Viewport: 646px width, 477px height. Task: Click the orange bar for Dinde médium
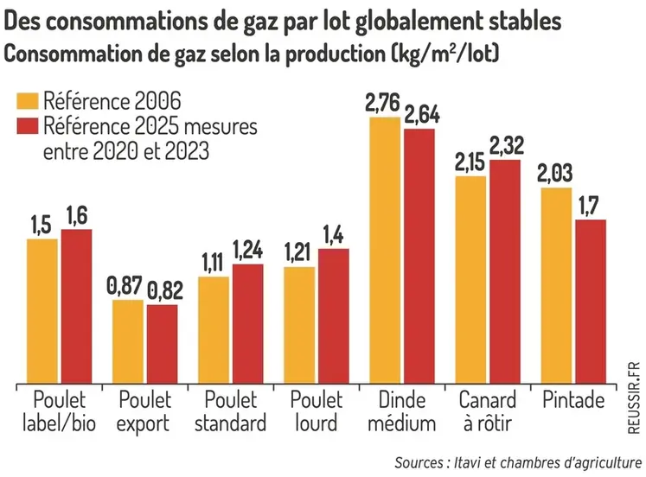coord(385,251)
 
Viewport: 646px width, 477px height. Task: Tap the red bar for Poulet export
coord(162,343)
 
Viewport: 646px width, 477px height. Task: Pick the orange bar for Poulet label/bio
coord(42,310)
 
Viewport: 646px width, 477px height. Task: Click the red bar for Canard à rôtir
coord(505,270)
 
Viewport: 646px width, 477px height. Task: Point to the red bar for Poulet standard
coord(248,322)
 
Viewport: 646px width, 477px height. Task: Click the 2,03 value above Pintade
coord(555,175)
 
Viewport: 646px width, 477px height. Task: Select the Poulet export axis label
coord(145,411)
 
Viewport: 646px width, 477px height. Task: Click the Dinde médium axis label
coord(402,411)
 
